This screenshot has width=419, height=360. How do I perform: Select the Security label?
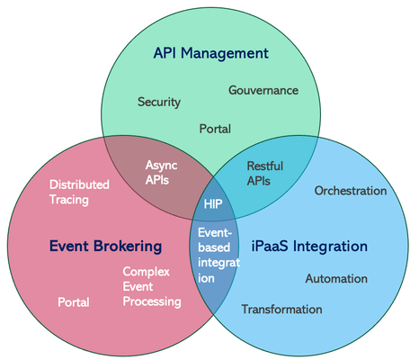(x=159, y=102)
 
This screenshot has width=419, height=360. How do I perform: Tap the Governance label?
(x=263, y=91)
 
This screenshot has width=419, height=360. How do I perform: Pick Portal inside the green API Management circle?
(x=215, y=129)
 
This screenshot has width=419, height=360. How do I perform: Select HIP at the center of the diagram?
(x=213, y=204)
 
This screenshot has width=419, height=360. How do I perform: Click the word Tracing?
(x=69, y=199)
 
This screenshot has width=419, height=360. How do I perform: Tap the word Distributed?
(x=79, y=184)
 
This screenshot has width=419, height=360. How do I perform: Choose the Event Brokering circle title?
(x=105, y=246)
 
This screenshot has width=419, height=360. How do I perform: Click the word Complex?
(x=147, y=271)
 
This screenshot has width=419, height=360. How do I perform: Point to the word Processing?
(x=152, y=301)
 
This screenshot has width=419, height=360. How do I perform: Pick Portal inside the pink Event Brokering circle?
(x=74, y=302)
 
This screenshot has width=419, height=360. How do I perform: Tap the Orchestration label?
(x=351, y=191)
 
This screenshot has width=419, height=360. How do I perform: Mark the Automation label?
(x=336, y=279)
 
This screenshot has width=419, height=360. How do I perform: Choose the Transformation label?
(x=281, y=310)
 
